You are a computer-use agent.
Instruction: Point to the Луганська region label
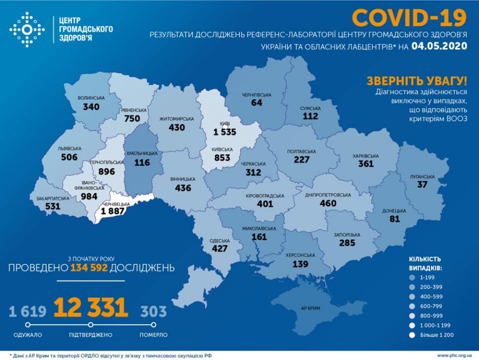click(422, 176)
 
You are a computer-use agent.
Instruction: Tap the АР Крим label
click(310, 307)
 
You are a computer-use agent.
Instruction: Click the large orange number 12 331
click(92, 308)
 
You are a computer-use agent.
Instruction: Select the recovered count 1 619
click(28, 312)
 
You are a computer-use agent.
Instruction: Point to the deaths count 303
click(154, 312)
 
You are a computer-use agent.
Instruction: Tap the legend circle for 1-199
click(411, 278)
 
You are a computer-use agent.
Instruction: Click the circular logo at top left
click(27, 30)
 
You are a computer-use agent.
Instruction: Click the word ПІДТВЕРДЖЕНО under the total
click(91, 334)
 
